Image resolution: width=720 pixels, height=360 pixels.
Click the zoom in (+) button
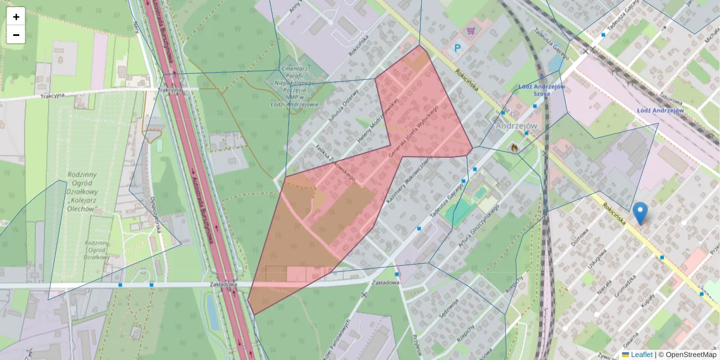click(16, 17)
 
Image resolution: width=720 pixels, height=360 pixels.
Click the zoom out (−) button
click(16, 35)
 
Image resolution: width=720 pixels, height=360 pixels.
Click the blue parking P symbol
click(458, 48)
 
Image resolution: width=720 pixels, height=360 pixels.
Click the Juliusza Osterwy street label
click(343, 108)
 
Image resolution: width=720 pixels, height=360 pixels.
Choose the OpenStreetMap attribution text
click(690, 355)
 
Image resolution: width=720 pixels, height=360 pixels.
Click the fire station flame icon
click(514, 146)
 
